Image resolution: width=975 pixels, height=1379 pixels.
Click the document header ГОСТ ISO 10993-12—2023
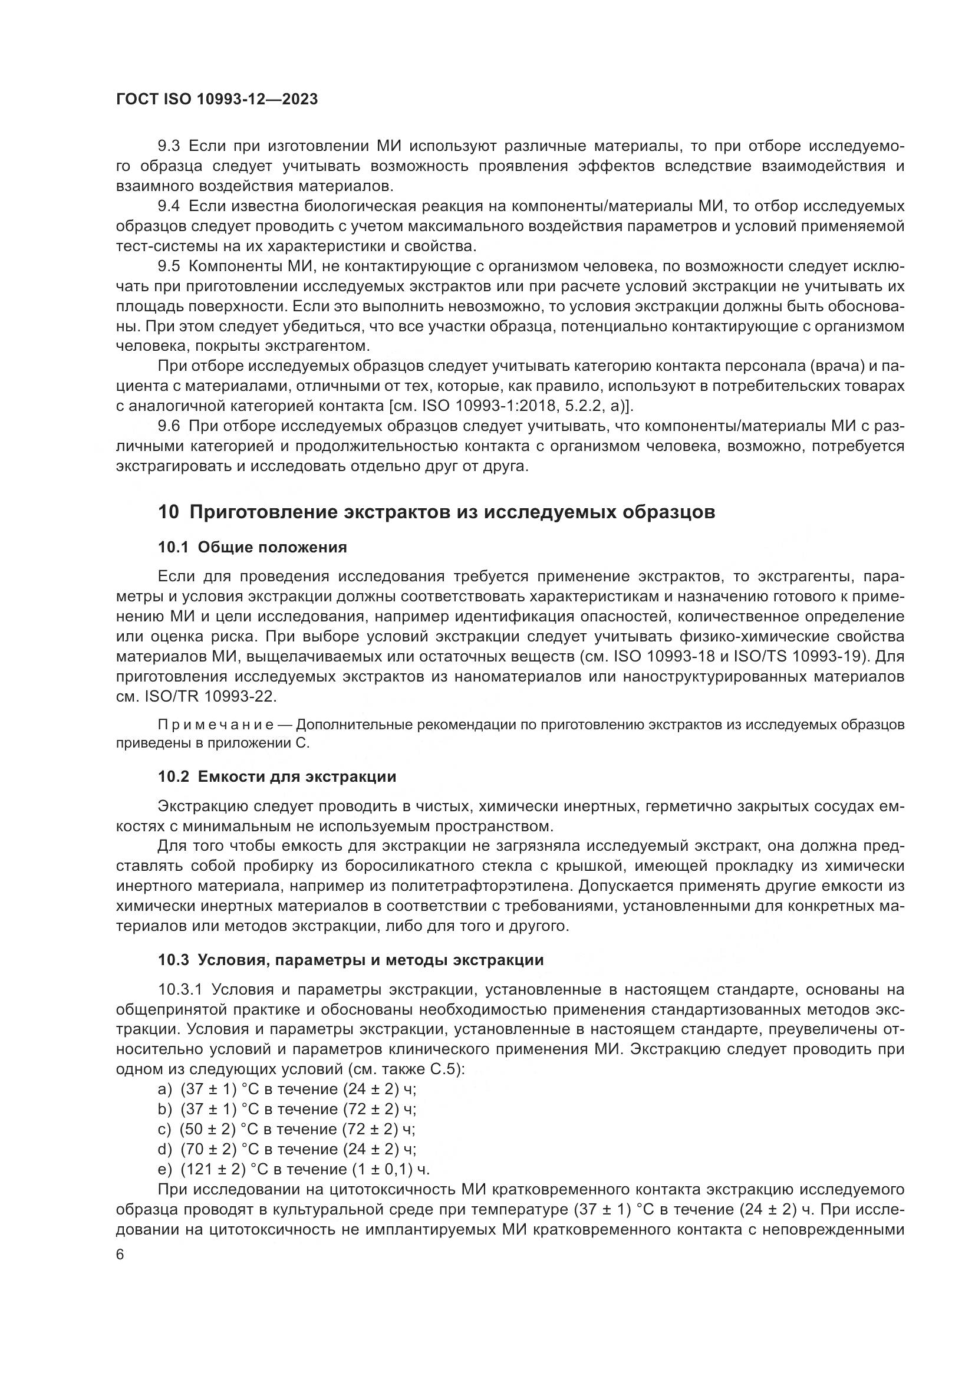(217, 100)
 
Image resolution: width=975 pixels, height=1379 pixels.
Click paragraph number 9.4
(169, 206)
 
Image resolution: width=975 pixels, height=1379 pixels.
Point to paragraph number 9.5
(169, 266)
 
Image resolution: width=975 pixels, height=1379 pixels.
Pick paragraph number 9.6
(169, 426)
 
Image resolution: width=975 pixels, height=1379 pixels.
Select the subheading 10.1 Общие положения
(252, 547)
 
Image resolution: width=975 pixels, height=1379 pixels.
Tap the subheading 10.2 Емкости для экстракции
(277, 776)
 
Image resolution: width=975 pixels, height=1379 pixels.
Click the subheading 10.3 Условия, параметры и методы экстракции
(351, 959)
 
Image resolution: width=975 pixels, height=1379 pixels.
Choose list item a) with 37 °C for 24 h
(286, 1089)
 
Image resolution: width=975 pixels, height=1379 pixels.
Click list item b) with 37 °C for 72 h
(286, 1109)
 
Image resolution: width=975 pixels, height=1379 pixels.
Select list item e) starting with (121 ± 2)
(294, 1169)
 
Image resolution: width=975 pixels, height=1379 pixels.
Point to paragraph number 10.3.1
(182, 989)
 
